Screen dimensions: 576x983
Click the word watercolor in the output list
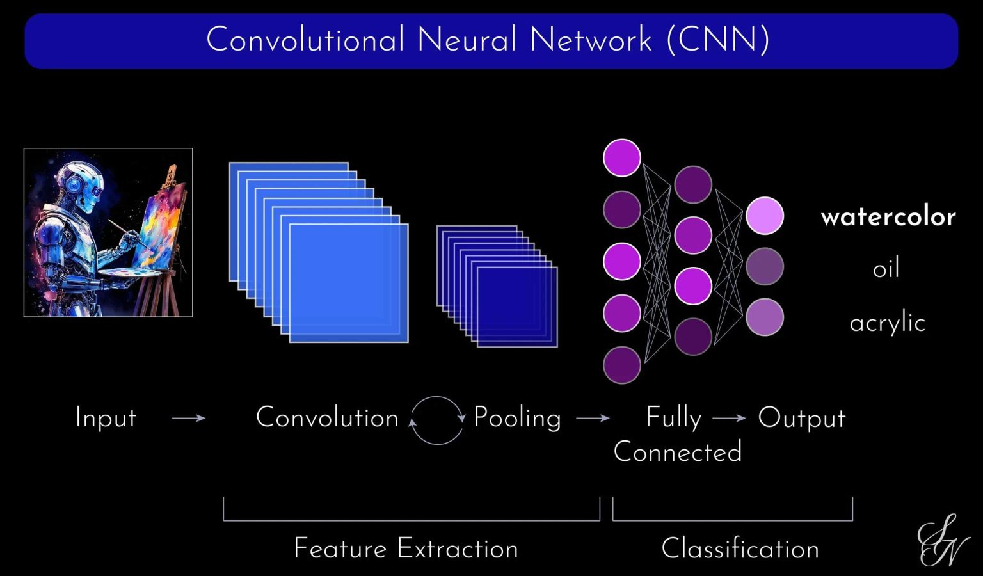point(888,217)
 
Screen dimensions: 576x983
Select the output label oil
point(886,268)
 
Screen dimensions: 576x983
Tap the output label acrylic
point(887,323)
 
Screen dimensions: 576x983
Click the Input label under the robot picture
point(106,418)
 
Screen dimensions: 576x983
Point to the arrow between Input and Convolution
point(189,418)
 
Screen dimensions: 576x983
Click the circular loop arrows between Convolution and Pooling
point(436,420)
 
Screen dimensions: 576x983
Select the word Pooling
point(517,419)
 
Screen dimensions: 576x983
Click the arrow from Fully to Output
point(729,419)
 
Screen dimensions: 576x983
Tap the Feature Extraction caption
point(406,549)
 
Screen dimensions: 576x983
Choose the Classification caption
point(740,549)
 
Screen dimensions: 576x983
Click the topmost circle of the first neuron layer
point(621,157)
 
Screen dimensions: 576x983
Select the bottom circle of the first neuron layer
point(621,365)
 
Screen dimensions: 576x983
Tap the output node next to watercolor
point(764,216)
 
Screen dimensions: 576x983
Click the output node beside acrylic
point(764,317)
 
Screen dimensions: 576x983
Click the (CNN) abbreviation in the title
point(717,40)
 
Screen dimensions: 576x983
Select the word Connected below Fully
point(678,452)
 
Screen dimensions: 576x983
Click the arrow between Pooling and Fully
point(593,419)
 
